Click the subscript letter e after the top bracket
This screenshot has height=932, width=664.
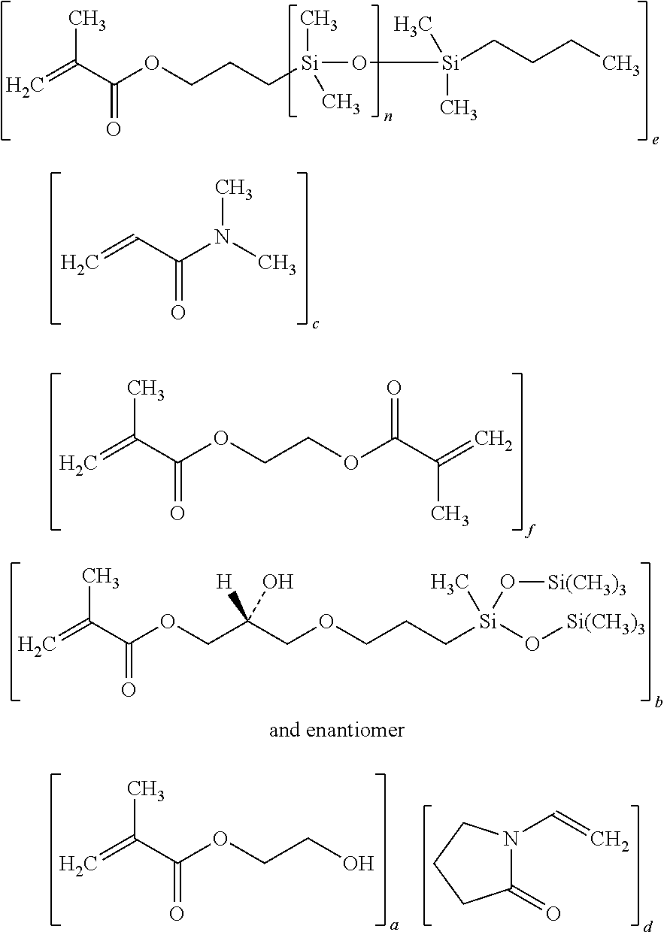click(x=655, y=141)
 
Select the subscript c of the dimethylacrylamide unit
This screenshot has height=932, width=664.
click(x=315, y=324)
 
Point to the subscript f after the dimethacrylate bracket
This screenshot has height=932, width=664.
click(x=529, y=531)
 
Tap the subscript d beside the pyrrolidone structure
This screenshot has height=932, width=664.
click(x=647, y=926)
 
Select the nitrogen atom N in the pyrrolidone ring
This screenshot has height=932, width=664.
click(x=511, y=838)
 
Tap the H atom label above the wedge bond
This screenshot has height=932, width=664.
click(x=224, y=582)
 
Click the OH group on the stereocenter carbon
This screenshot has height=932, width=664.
click(x=278, y=582)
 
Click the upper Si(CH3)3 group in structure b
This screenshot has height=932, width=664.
click(x=587, y=584)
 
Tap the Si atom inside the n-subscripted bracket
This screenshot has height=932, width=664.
click(x=310, y=63)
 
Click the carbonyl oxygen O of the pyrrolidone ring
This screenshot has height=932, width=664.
click(x=553, y=914)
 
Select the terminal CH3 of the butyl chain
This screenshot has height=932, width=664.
click(x=620, y=65)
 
